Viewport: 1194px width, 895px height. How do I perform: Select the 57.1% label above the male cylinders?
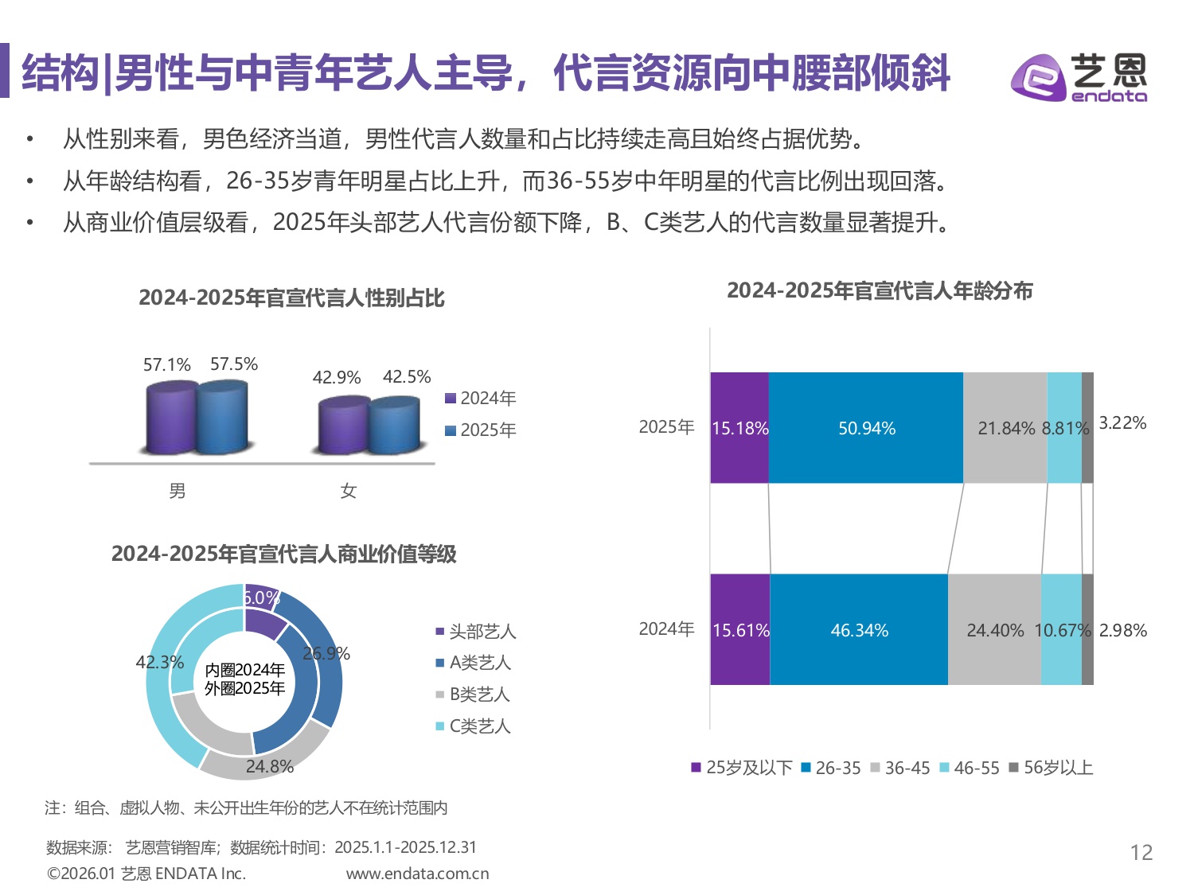click(166, 365)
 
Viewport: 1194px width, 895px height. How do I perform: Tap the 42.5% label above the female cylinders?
click(407, 376)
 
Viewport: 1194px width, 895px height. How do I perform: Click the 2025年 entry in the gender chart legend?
click(481, 430)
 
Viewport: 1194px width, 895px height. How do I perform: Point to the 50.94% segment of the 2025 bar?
click(866, 428)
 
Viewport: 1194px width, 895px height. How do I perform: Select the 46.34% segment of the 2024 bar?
click(859, 630)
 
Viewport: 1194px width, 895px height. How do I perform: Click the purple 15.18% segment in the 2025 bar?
click(739, 428)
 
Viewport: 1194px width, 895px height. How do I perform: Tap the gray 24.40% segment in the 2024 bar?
click(994, 630)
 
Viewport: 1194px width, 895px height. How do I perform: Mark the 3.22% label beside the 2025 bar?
click(1122, 422)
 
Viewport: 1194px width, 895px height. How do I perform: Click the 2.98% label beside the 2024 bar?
click(1122, 630)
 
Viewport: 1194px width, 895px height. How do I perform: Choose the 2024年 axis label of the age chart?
click(667, 629)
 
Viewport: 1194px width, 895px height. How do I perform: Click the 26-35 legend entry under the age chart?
click(831, 768)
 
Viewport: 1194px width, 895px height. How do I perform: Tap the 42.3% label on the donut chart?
click(159, 662)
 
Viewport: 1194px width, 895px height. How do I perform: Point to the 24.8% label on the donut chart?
click(269, 766)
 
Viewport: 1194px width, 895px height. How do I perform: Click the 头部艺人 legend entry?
click(476, 632)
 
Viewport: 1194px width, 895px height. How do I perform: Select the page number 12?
click(1141, 853)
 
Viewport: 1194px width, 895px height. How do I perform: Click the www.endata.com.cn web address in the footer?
click(417, 874)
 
